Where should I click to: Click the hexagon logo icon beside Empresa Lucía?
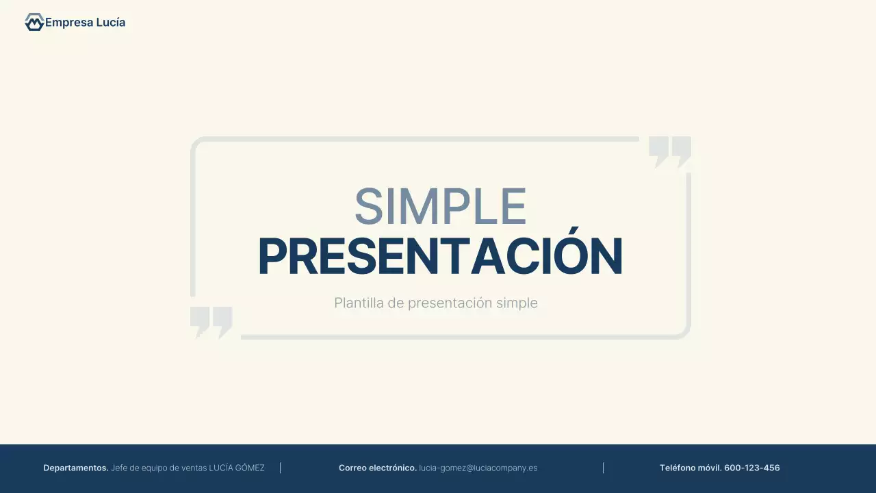34,23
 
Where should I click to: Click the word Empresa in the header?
68,23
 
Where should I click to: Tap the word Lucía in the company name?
110,23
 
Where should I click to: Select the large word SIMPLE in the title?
440,207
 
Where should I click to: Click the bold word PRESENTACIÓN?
440,257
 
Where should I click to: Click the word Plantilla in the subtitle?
359,303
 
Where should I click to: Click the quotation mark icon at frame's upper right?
669,151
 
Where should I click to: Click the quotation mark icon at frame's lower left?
211,322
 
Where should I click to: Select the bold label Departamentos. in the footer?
75,468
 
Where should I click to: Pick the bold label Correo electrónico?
377,468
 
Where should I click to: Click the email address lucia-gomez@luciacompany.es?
478,468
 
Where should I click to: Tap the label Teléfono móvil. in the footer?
690,468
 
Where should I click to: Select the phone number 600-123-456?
752,468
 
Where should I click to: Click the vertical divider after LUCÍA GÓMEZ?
281,468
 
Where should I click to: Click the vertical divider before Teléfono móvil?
603,468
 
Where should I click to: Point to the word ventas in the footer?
194,468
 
